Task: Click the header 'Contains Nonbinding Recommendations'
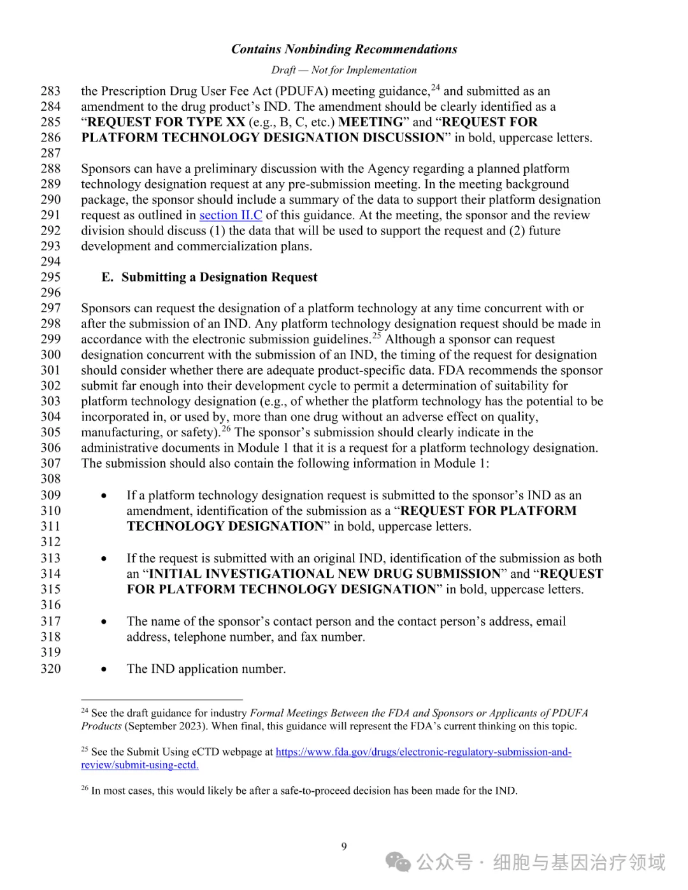[x=344, y=49]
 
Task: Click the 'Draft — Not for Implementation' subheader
[x=344, y=70]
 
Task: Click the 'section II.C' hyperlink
[x=231, y=215]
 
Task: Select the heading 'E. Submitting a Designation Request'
[x=209, y=277]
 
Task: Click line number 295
[x=51, y=277]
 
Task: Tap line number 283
[x=51, y=91]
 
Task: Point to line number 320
[x=51, y=668]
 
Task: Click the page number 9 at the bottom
[x=344, y=847]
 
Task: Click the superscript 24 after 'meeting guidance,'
[x=436, y=88]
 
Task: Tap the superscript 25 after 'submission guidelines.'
[x=377, y=336]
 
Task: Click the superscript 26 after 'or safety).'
[x=226, y=429]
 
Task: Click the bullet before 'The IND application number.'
[x=104, y=669]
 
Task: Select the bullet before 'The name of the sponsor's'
[x=104, y=622]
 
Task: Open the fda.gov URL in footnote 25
[x=423, y=752]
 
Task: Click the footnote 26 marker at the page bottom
[x=85, y=789]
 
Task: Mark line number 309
[x=51, y=495]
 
